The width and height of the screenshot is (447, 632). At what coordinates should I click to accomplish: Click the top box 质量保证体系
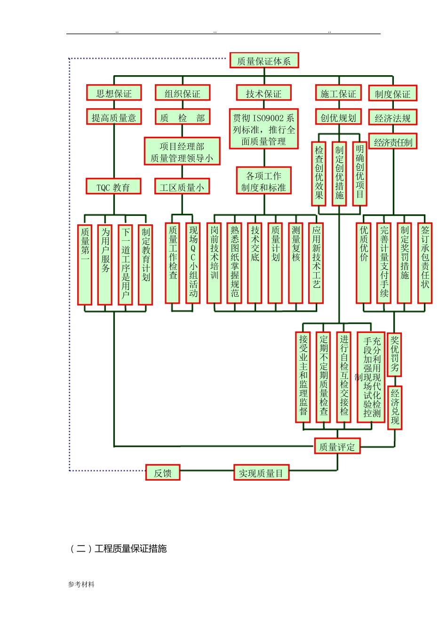click(x=264, y=61)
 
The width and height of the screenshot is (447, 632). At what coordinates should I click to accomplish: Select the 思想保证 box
click(x=114, y=93)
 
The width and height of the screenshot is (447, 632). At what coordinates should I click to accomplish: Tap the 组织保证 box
click(x=183, y=93)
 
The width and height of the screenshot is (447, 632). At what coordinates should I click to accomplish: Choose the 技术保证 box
click(x=263, y=93)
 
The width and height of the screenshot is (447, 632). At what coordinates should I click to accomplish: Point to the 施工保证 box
click(x=338, y=93)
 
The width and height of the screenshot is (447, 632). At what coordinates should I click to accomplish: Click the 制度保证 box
click(x=392, y=94)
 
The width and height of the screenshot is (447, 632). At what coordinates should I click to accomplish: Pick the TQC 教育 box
click(x=113, y=187)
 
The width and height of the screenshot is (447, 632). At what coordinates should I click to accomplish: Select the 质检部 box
click(x=183, y=117)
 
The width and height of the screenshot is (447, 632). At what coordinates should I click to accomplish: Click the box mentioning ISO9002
click(x=263, y=129)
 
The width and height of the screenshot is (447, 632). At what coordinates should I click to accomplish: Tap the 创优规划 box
click(x=338, y=117)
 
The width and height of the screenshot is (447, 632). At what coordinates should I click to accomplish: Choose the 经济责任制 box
click(x=393, y=142)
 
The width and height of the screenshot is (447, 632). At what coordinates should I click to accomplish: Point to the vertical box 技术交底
click(x=255, y=263)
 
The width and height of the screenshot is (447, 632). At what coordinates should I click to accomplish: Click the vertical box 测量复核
click(x=295, y=263)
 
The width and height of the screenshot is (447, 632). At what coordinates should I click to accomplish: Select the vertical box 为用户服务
click(x=105, y=264)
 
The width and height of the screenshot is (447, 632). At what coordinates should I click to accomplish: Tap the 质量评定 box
click(x=337, y=446)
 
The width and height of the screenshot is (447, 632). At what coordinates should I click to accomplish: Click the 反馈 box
click(x=163, y=473)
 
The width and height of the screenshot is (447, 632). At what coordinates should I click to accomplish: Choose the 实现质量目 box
click(x=261, y=473)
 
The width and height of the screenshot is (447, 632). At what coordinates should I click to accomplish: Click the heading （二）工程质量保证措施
click(x=119, y=548)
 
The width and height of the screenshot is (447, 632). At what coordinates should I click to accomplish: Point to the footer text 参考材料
click(x=81, y=584)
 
